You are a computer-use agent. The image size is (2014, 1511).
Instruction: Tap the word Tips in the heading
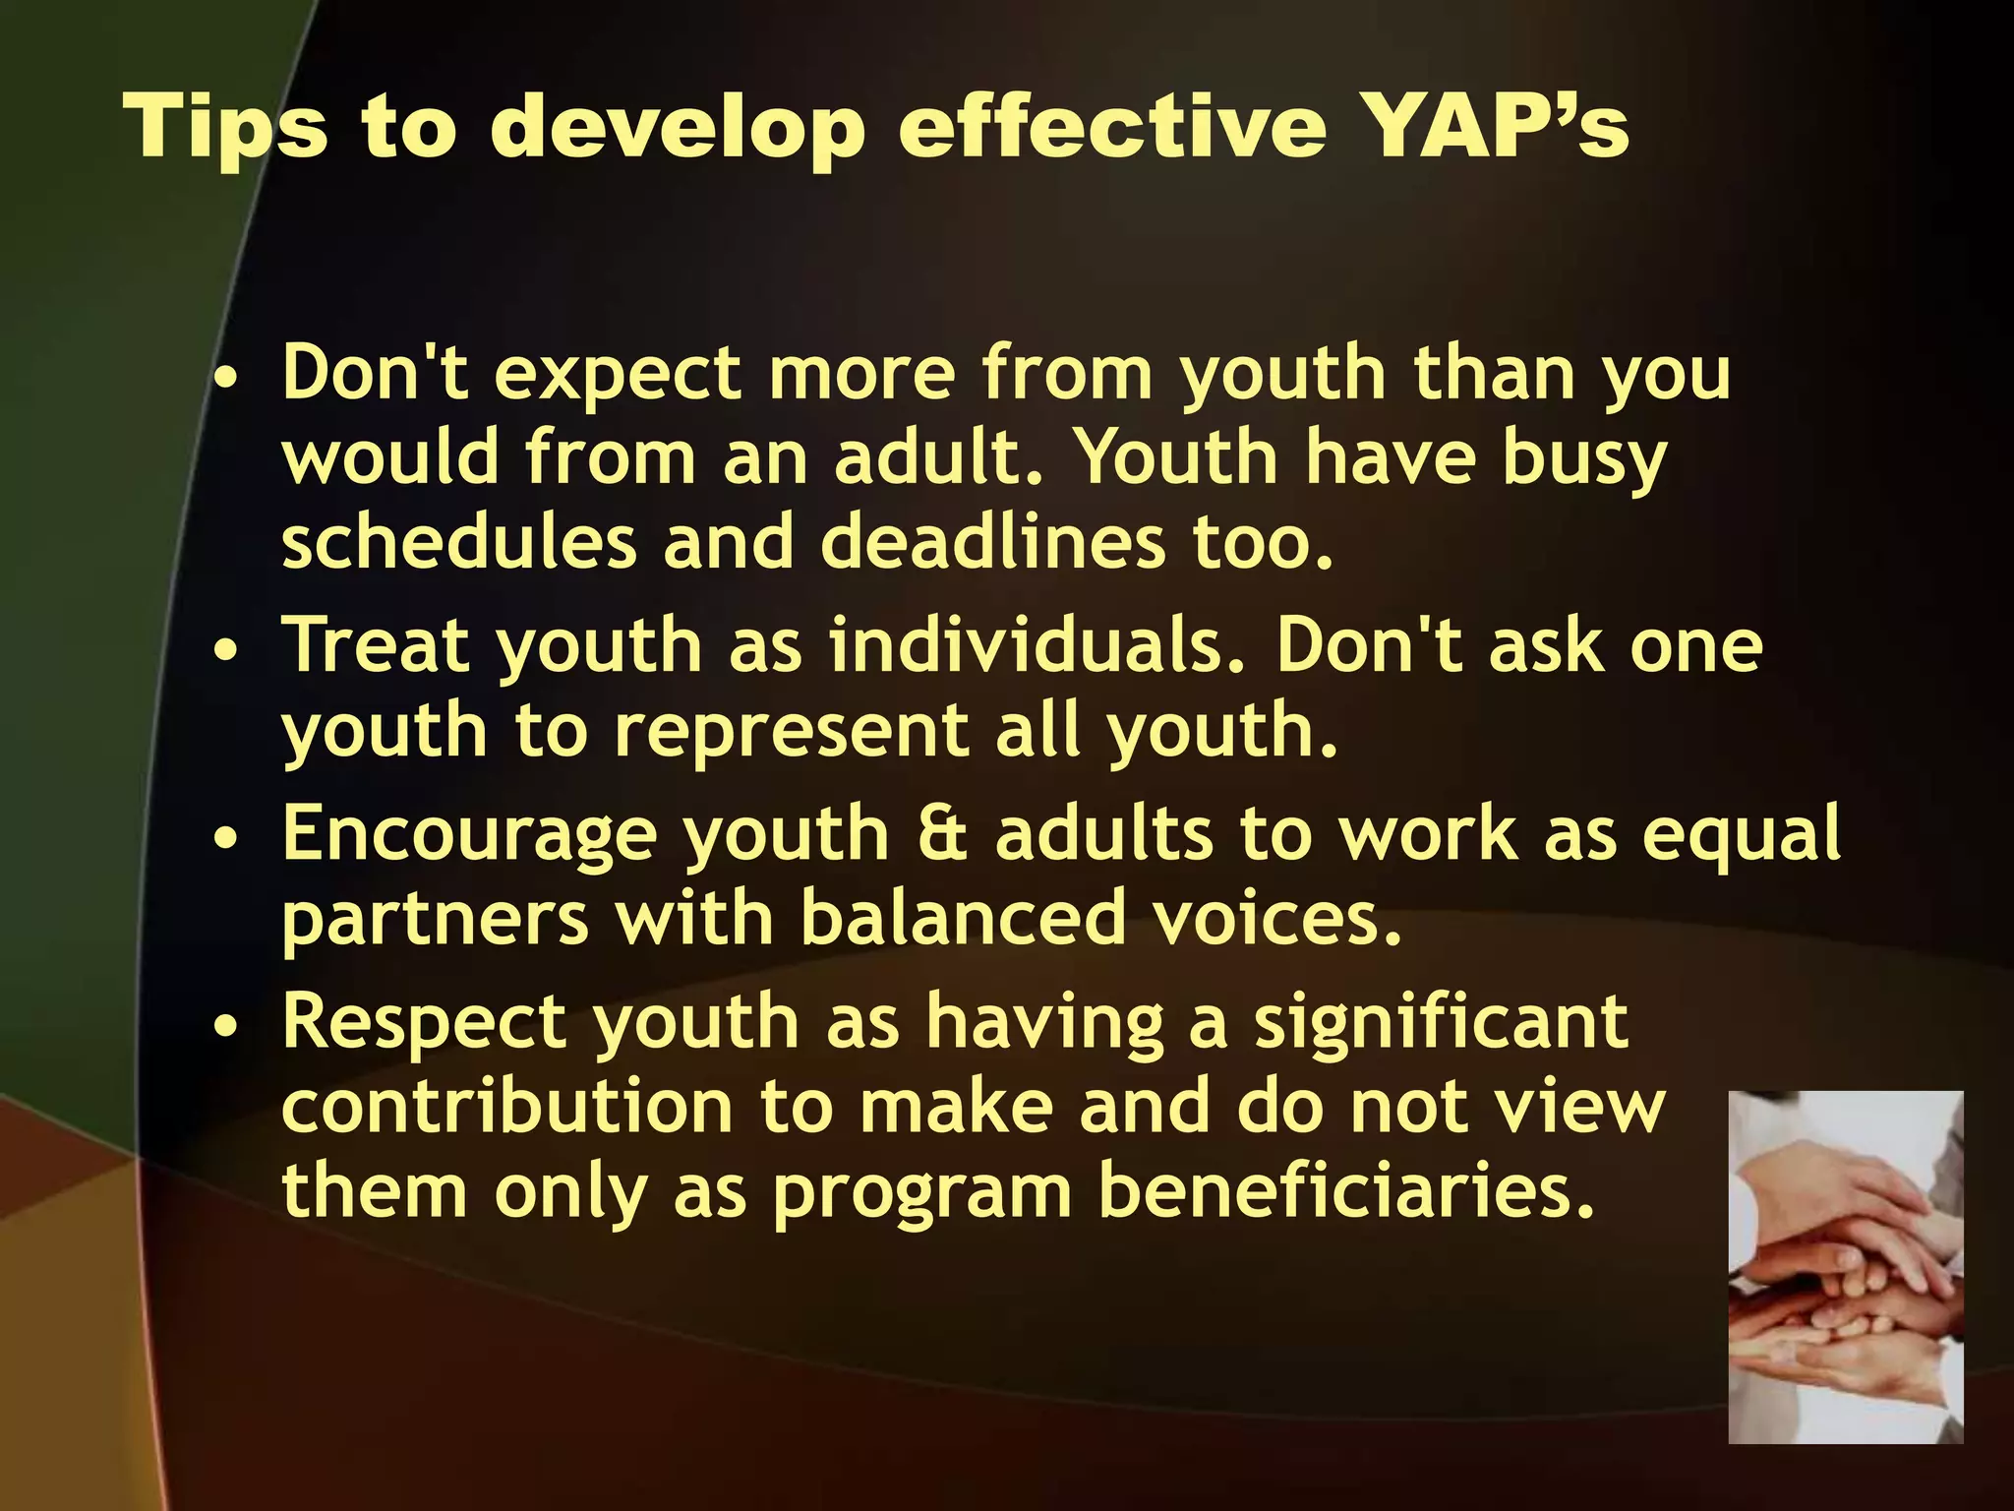click(x=226, y=128)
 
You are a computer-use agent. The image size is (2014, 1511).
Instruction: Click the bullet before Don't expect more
click(x=226, y=379)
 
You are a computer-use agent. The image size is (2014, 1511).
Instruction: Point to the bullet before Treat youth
click(x=226, y=651)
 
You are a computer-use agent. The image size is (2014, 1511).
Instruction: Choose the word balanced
click(x=962, y=918)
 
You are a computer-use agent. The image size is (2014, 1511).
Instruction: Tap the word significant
click(x=1441, y=1024)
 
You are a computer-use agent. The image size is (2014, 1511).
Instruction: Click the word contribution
click(x=507, y=1107)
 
